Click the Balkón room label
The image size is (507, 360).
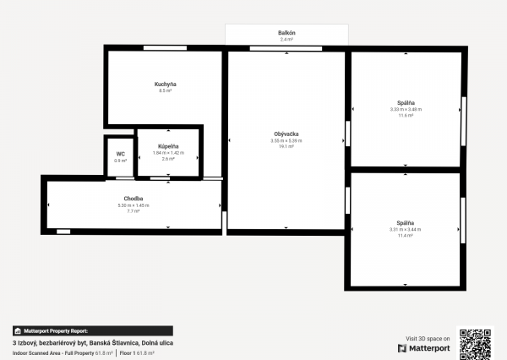tap(286, 32)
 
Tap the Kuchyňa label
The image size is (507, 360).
tap(165, 84)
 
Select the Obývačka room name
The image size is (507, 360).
tap(286, 134)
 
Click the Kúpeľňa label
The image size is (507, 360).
tap(167, 146)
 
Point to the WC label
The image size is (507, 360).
tap(120, 154)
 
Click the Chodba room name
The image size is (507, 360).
tap(134, 199)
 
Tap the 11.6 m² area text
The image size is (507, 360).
tap(406, 115)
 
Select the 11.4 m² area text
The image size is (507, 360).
tap(406, 236)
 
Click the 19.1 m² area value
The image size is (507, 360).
tap(286, 147)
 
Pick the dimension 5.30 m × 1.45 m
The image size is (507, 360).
tap(134, 205)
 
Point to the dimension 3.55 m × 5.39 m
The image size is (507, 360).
tap(286, 141)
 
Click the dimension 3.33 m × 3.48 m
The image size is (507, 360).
tap(406, 109)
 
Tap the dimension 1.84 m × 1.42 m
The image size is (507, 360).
tap(167, 153)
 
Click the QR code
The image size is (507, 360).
tap(475, 342)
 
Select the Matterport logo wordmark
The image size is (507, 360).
tap(428, 346)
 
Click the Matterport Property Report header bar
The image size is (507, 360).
tap(92, 331)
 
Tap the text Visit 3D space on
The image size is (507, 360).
tap(428, 336)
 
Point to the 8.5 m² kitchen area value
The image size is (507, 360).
tap(165, 90)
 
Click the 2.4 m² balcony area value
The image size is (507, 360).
tap(286, 39)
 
